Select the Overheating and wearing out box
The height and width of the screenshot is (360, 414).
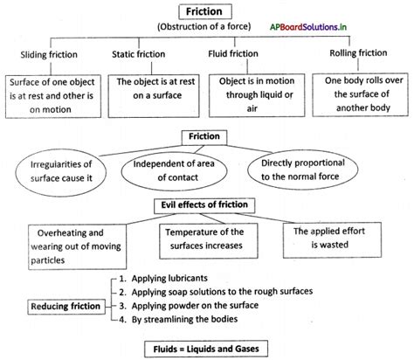click(60, 241)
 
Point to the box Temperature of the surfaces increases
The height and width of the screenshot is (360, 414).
click(206, 239)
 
